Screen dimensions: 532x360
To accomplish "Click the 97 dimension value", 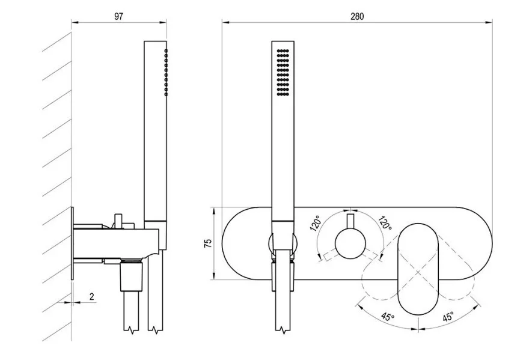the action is click(x=119, y=16).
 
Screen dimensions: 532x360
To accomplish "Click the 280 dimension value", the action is click(x=357, y=16).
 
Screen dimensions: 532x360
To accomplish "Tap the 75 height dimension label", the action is click(x=207, y=243).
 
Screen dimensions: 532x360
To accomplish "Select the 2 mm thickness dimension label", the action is click(x=91, y=296).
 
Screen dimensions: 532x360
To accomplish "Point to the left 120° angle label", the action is click(x=316, y=223).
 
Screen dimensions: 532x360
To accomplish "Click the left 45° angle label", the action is click(x=388, y=317).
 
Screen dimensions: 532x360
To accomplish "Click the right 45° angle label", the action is click(x=447, y=317).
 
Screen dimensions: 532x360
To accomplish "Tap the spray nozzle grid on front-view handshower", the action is click(x=283, y=72).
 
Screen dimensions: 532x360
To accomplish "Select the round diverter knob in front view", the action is click(x=350, y=243).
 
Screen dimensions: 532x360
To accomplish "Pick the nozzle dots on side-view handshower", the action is click(x=166, y=72).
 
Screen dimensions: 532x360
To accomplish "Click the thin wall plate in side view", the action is click(x=72, y=243).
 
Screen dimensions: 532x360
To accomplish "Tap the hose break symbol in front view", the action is click(x=283, y=330).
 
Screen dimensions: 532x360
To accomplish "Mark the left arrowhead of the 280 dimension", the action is click(x=226, y=23).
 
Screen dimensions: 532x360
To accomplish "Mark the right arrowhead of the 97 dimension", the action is click(x=163, y=23).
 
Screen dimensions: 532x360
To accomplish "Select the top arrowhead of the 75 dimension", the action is click(x=214, y=211).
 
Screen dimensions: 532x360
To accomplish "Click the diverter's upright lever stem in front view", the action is click(x=350, y=221).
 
